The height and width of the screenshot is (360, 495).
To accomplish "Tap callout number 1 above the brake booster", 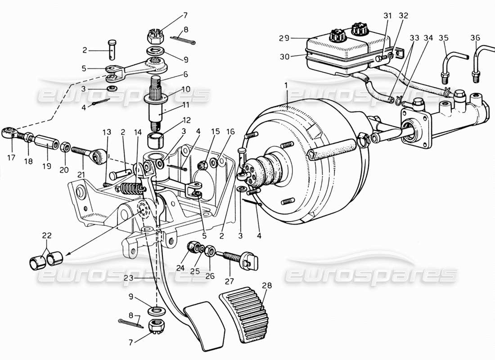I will (286, 85).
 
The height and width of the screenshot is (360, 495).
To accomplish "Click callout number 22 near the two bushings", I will (47, 235).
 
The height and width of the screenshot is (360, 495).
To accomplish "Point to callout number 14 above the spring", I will (137, 132).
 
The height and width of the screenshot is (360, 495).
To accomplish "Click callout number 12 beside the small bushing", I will (186, 120).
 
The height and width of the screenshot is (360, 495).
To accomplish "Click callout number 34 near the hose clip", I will (428, 38).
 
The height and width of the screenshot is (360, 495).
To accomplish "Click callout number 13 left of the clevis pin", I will (106, 132).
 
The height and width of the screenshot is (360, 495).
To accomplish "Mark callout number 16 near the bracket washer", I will (230, 132).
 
